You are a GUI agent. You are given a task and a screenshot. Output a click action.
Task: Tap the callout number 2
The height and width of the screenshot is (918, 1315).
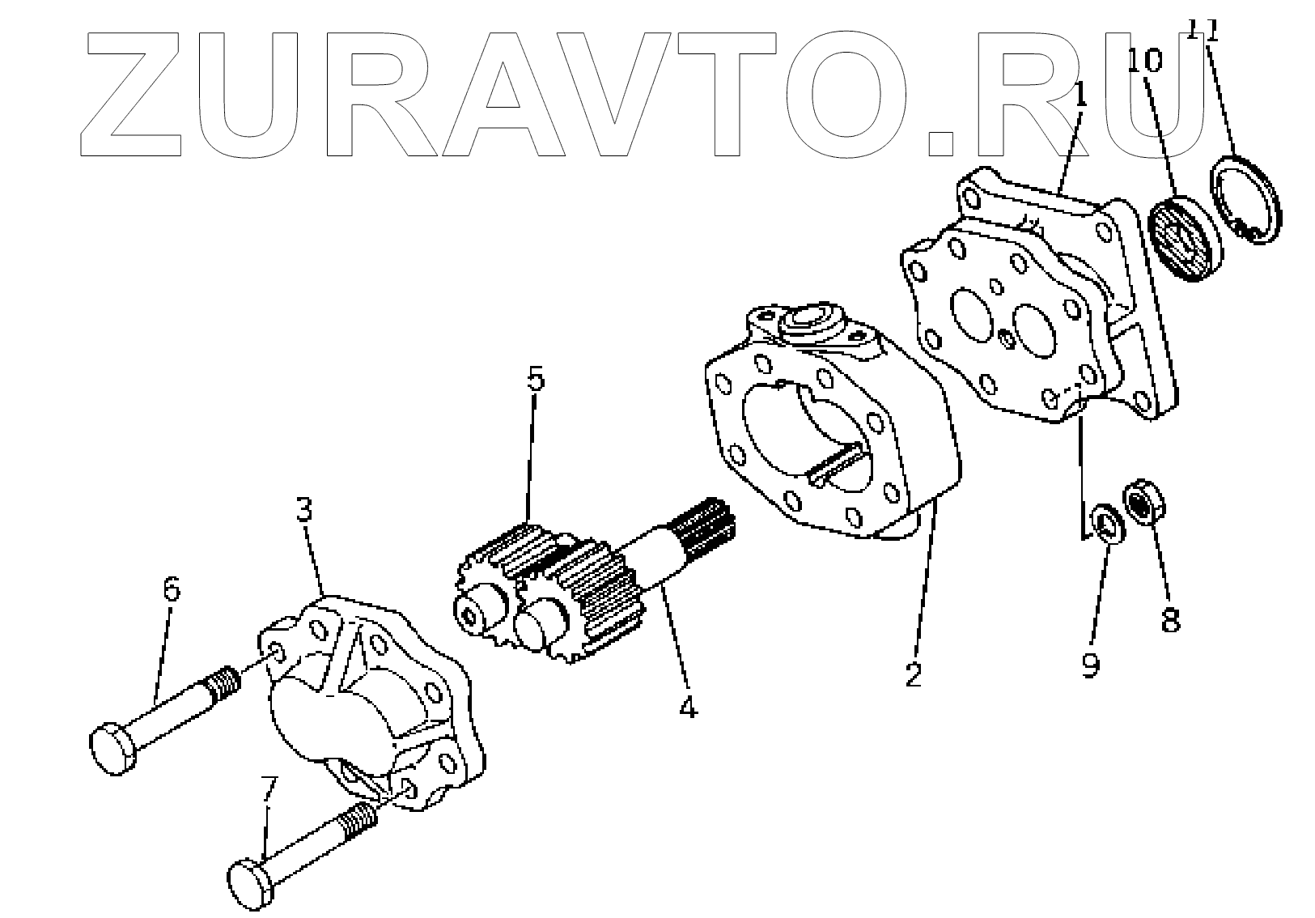click(914, 674)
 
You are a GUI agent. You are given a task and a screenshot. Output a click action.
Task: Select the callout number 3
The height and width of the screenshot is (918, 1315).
click(303, 511)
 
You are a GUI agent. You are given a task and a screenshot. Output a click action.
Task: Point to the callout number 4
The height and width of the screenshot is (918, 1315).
click(687, 707)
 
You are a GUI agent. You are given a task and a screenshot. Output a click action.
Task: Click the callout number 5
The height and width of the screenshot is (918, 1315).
click(536, 380)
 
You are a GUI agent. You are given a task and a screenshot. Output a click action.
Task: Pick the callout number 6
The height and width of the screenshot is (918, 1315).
click(172, 589)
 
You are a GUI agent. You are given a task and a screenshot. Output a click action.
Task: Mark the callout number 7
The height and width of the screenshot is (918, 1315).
click(269, 789)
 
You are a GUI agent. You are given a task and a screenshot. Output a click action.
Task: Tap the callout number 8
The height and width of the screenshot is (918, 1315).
click(1170, 619)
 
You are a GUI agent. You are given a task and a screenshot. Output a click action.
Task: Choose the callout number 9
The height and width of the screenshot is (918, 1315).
click(1090, 665)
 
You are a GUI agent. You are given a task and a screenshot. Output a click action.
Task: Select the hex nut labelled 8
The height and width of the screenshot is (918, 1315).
click(1142, 502)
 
